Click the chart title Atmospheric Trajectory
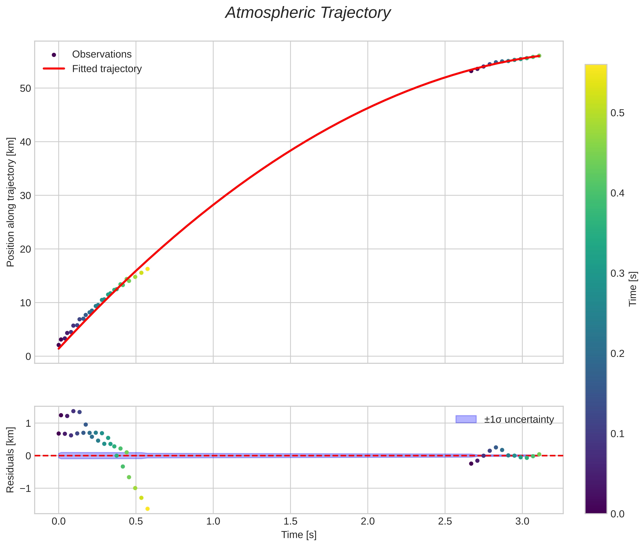(x=308, y=13)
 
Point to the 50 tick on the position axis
(x=25, y=88)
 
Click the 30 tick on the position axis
(x=25, y=196)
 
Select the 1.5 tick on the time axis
(x=290, y=521)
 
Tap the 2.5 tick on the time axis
(x=445, y=521)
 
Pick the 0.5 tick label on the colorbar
(x=617, y=113)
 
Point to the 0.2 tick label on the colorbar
(x=617, y=353)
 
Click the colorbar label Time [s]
(x=633, y=289)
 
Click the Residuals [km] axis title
(x=10, y=460)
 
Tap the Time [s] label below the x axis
(x=299, y=535)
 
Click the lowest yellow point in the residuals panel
(x=148, y=509)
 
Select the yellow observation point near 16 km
(x=148, y=269)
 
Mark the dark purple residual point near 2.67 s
(x=471, y=464)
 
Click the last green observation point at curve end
(x=539, y=56)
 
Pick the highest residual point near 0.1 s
(x=73, y=411)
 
